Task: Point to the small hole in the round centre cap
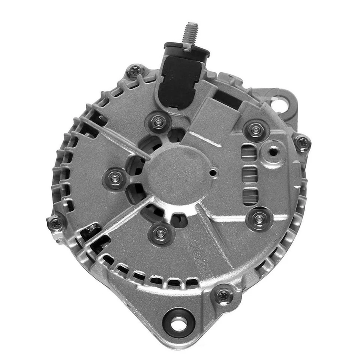(x=213, y=173)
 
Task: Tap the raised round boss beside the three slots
(x=273, y=151)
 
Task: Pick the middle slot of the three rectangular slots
(x=249, y=175)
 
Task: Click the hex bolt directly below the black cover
(x=159, y=121)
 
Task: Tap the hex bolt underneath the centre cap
(x=161, y=234)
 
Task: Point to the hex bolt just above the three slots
(x=256, y=130)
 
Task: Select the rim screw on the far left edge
(x=56, y=223)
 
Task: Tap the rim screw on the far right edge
(x=302, y=142)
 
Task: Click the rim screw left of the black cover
(x=136, y=70)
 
